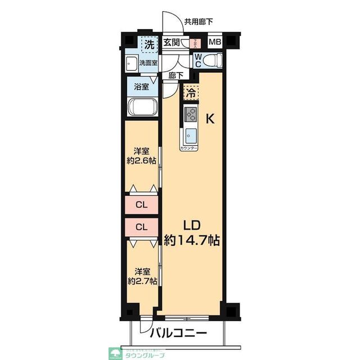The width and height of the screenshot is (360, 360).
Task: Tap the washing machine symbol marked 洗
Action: (x=148, y=43)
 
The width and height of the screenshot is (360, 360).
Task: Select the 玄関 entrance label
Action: (x=172, y=42)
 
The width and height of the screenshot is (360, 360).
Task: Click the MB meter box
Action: (x=215, y=42)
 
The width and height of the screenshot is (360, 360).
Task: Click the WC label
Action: (x=198, y=60)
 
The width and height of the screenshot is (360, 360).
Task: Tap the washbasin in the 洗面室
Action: (x=130, y=63)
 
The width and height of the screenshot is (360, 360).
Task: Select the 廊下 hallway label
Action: (x=175, y=75)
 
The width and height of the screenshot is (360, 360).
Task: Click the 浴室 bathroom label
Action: (x=142, y=87)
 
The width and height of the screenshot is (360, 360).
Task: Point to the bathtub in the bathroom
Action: (x=142, y=107)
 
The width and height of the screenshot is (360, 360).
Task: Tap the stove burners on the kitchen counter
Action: (x=190, y=115)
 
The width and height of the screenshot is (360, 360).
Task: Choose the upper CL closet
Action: (x=142, y=205)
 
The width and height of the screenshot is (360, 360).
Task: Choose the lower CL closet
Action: (x=142, y=227)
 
